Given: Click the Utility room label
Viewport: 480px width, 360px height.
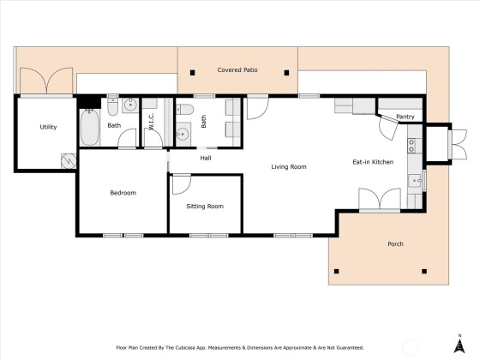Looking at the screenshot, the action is click(48, 127).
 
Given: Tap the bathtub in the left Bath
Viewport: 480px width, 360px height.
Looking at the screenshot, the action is click(90, 128).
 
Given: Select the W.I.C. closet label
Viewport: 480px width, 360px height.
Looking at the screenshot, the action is click(151, 121).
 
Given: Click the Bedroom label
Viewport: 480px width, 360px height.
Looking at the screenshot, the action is click(123, 193).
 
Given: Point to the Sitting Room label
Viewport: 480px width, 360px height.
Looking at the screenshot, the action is click(205, 207).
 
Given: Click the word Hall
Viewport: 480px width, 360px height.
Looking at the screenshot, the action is click(206, 159).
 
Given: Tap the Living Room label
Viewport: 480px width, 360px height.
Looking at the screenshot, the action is click(289, 167).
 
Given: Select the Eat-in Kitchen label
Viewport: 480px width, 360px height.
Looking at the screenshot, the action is click(373, 162).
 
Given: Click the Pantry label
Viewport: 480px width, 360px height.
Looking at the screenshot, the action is click(405, 117).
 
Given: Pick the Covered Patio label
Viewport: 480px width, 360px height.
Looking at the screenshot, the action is click(237, 69).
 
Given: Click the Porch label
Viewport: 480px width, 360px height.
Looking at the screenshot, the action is click(395, 244).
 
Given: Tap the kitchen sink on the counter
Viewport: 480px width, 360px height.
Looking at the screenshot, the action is click(415, 181).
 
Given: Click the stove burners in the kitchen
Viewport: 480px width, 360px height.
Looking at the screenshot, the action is click(411, 146).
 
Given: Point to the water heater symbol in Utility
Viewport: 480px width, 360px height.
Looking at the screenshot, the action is click(69, 161).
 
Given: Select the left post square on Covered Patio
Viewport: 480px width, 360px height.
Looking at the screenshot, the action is click(193, 73).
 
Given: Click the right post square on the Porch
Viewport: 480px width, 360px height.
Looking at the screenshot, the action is click(424, 271).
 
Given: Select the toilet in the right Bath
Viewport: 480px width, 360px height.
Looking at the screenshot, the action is click(185, 110).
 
